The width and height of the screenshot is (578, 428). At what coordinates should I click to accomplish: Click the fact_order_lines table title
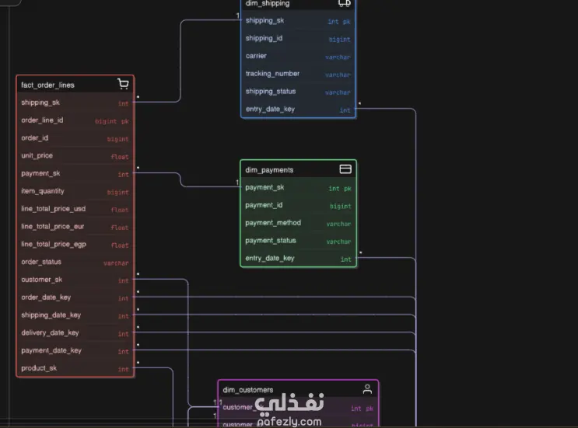tap(47, 85)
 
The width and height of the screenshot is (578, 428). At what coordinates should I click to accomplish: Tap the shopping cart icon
tap(123, 84)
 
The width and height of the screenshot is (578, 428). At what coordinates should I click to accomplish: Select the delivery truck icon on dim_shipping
tap(344, 3)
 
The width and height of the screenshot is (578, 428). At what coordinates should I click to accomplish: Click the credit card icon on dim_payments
tap(345, 169)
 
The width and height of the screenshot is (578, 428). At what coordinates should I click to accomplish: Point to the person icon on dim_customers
tap(367, 389)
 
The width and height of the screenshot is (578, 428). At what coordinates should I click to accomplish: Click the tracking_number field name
tap(272, 74)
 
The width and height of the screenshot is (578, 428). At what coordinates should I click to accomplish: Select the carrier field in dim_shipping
tap(256, 56)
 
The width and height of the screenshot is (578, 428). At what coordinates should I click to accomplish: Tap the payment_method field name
tap(273, 223)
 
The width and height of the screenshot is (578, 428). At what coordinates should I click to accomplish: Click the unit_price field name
tap(37, 155)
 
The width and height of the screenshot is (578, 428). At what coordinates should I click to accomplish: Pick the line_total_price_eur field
tap(53, 227)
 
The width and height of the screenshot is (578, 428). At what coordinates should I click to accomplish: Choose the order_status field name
tap(41, 262)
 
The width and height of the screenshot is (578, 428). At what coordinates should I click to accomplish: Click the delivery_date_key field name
tap(50, 332)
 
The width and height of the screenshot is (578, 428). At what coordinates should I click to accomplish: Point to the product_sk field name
tap(39, 368)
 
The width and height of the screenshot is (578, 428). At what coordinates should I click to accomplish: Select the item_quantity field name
tap(43, 191)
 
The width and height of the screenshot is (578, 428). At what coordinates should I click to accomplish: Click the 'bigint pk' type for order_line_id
tap(111, 121)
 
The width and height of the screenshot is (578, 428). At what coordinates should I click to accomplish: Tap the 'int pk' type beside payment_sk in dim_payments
tap(339, 188)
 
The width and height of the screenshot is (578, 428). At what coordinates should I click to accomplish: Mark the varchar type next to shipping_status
tap(338, 92)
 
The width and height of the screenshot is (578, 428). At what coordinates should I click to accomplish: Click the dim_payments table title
tap(269, 169)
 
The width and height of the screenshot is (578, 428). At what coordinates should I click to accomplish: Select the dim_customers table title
tap(248, 390)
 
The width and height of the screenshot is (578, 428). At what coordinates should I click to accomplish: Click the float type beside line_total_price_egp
tap(119, 245)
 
